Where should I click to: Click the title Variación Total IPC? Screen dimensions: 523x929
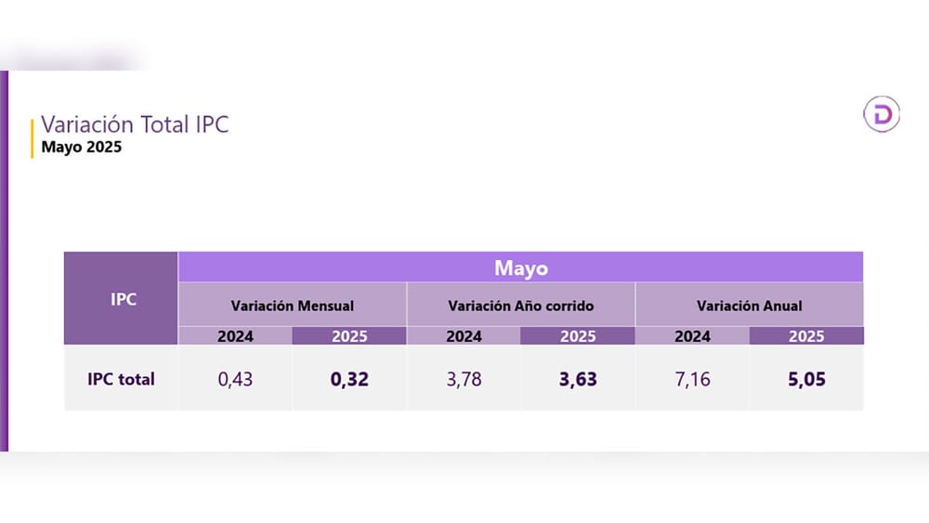(135, 124)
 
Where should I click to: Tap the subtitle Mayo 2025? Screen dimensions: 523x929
(82, 147)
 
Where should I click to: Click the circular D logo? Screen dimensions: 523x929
(881, 113)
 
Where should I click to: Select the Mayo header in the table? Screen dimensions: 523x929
(520, 268)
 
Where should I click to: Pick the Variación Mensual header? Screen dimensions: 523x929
(292, 305)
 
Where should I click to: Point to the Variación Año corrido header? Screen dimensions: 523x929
(520, 305)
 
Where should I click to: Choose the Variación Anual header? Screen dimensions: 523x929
(749, 305)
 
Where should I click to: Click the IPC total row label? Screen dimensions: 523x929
(122, 379)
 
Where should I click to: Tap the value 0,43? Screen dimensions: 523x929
(235, 379)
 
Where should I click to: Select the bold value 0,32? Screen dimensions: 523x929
(349, 379)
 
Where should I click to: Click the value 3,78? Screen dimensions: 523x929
(464, 379)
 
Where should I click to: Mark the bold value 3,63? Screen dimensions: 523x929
(578, 379)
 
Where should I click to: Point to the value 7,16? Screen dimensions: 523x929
(692, 379)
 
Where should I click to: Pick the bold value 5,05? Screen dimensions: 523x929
(806, 379)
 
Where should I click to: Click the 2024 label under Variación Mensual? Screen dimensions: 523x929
(235, 336)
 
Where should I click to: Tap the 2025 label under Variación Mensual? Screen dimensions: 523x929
(349, 336)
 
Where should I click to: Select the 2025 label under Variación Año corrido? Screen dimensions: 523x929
(578, 336)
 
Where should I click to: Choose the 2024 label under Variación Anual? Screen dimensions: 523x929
(692, 336)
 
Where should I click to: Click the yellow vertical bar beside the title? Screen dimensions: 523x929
(33, 137)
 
